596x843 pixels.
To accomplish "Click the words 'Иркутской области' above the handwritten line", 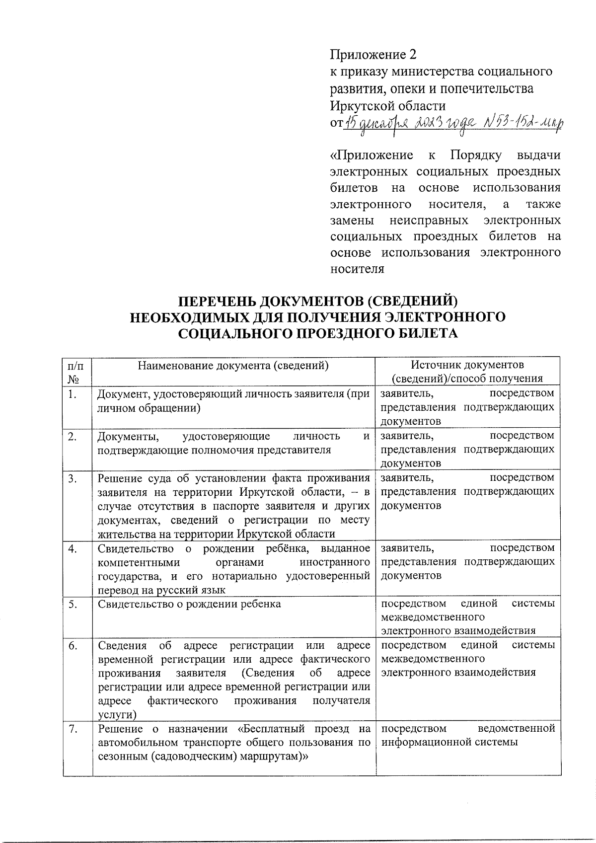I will [x=387, y=106].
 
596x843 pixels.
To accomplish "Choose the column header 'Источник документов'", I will [x=467, y=365].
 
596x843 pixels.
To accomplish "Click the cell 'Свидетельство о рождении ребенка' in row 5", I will [x=189, y=604].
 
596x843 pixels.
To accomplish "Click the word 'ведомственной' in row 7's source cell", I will [x=516, y=729].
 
